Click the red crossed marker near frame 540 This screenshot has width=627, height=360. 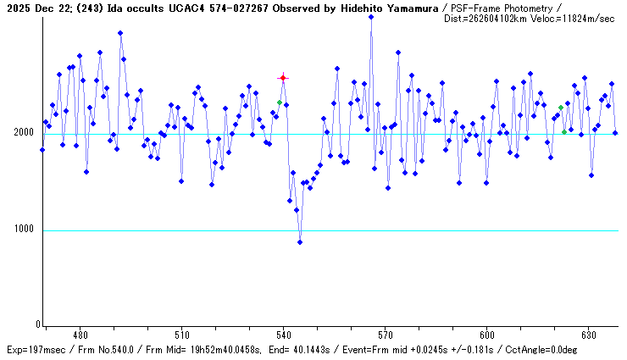point(283,78)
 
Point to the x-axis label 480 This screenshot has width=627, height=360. point(80,335)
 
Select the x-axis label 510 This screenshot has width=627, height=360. point(181,335)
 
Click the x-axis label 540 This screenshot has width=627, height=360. point(283,335)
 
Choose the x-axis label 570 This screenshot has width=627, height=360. point(385,335)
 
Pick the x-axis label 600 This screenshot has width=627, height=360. point(486,335)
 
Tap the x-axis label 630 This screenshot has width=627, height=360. point(588,335)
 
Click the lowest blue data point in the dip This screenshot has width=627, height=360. point(300,242)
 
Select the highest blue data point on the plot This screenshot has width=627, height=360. point(371,17)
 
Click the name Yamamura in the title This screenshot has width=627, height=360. point(411,7)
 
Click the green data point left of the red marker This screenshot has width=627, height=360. point(280,102)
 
